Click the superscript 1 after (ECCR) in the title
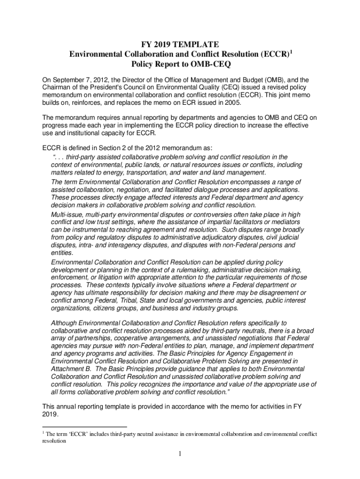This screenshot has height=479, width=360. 291,51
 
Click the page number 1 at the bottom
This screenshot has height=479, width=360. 180,454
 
